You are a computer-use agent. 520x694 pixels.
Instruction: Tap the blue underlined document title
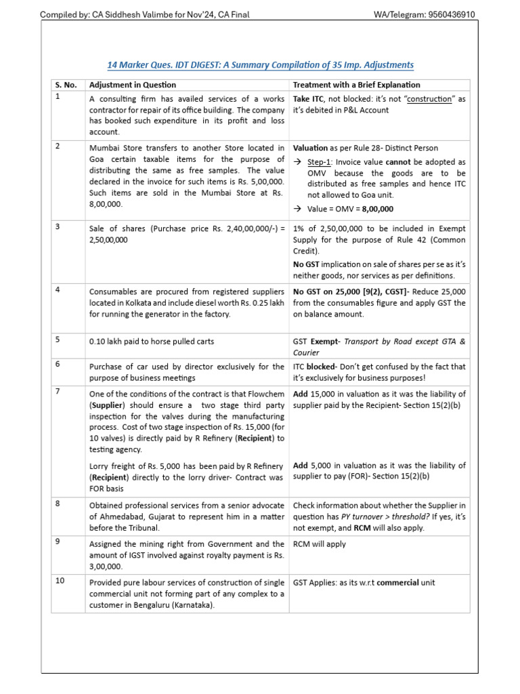pyautogui.click(x=260, y=65)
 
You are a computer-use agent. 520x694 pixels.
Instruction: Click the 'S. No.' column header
pyautogui.click(x=66, y=85)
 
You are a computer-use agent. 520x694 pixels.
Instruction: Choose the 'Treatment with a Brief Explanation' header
pyautogui.click(x=356, y=85)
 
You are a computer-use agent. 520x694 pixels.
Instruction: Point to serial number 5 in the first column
pyautogui.click(x=58, y=341)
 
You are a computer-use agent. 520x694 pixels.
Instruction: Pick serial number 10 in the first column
pyautogui.click(x=60, y=581)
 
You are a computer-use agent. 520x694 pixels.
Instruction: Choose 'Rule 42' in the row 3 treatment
pyautogui.click(x=414, y=239)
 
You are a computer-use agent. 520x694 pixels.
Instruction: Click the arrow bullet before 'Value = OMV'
pyautogui.click(x=297, y=209)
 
